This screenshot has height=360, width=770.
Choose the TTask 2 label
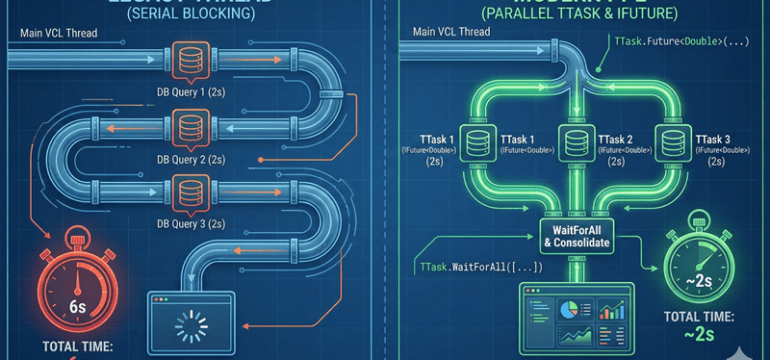tap(614, 140)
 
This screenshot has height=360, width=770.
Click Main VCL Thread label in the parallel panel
tap(453, 32)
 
